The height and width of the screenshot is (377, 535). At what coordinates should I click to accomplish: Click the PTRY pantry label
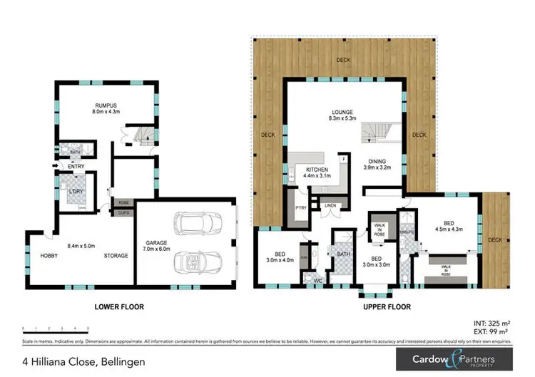tap(300, 208)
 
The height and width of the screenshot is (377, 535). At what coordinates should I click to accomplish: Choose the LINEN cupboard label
tap(330, 206)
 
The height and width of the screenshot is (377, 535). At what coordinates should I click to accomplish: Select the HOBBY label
tap(49, 256)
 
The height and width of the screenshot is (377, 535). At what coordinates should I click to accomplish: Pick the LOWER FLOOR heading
tap(119, 307)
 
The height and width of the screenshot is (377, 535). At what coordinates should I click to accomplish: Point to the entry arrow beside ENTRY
tap(55, 167)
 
